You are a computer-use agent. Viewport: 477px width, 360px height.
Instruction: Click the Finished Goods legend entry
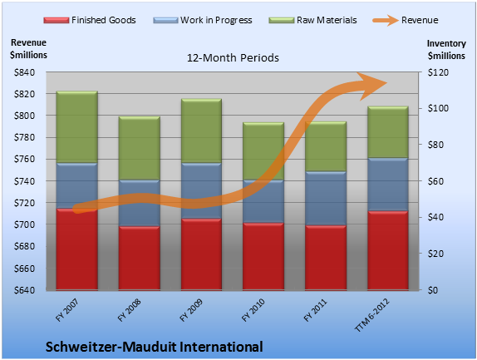(x=90, y=20)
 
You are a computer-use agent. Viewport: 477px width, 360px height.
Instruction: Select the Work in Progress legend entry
(x=203, y=20)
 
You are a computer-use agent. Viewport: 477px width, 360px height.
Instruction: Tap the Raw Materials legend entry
(x=312, y=20)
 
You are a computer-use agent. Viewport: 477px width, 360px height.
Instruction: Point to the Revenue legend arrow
(x=386, y=20)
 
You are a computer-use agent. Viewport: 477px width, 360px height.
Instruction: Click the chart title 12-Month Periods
(x=233, y=58)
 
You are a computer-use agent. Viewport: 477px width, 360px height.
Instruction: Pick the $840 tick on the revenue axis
(x=24, y=72)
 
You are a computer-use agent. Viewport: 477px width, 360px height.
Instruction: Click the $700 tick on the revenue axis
(x=24, y=224)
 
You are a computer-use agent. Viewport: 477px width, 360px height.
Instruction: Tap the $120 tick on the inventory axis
(x=438, y=72)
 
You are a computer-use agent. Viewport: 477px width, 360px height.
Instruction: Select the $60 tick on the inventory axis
(x=435, y=181)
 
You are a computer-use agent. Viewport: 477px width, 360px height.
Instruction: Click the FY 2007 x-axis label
(x=67, y=310)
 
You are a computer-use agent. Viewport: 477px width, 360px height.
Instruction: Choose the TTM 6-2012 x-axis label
(x=371, y=314)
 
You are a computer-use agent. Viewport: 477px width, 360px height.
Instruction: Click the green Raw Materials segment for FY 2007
(x=77, y=127)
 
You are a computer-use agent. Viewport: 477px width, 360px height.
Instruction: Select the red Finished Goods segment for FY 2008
(x=140, y=258)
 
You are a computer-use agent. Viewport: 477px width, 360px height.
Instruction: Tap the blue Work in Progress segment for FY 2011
(x=326, y=199)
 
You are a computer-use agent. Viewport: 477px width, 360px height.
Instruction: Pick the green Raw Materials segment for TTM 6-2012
(x=388, y=132)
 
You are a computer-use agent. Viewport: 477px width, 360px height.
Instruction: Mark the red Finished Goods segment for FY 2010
(x=263, y=256)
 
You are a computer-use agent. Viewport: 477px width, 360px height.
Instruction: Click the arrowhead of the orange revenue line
(x=372, y=86)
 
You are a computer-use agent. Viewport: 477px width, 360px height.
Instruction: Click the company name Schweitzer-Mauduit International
(x=155, y=347)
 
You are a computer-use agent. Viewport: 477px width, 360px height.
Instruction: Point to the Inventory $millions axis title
(x=446, y=50)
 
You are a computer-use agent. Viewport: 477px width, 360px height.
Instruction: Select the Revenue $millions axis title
(x=28, y=49)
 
